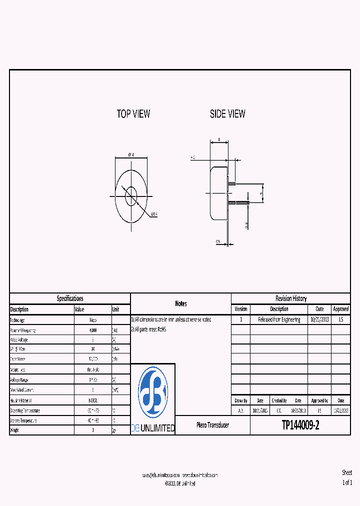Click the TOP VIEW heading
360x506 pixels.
(x=133, y=114)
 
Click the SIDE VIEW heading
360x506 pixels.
(x=227, y=114)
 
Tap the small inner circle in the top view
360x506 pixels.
(x=131, y=192)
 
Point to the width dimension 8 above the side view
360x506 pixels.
(x=219, y=139)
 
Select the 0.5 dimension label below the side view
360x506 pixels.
(x=218, y=241)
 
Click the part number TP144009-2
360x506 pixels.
(x=300, y=425)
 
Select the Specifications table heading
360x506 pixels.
(x=69, y=298)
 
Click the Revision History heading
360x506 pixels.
(x=290, y=298)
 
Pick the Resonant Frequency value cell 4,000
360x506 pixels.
(x=93, y=330)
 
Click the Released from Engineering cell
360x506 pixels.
(x=279, y=319)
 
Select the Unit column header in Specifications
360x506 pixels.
(x=116, y=309)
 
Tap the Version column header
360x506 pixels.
(x=240, y=309)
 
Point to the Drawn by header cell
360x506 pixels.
(x=240, y=400)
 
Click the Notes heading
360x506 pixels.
(x=181, y=303)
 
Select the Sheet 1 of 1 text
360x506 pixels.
(x=347, y=477)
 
